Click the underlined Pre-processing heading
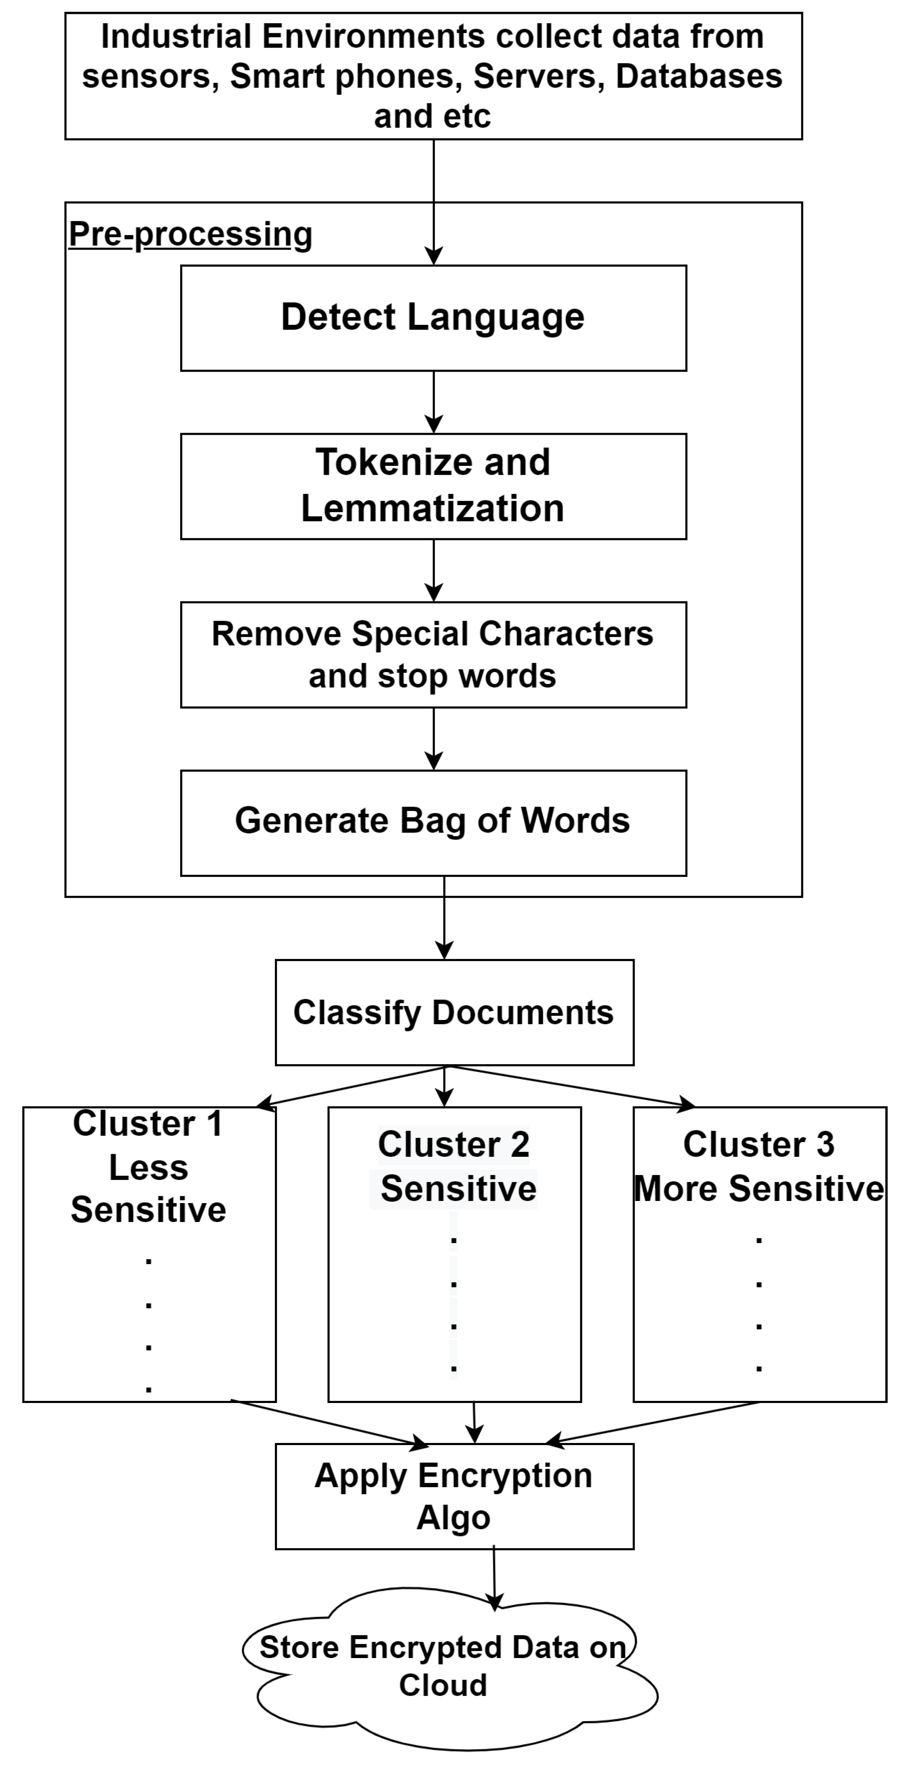[x=190, y=234]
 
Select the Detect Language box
[x=433, y=318]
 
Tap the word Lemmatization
[x=433, y=508]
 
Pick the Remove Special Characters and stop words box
[x=433, y=655]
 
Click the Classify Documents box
[x=454, y=1012]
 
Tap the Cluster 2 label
[x=454, y=1145]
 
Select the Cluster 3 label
[x=759, y=1145]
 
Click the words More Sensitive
[x=759, y=1189]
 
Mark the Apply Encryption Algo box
[x=454, y=1496]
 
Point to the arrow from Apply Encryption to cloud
[x=494, y=1578]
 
